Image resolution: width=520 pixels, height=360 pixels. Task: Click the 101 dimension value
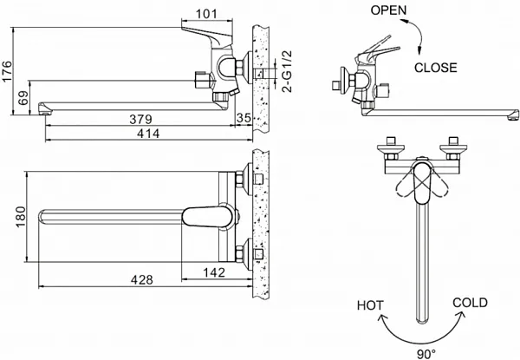coord(206,14)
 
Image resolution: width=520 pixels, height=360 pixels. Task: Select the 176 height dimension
coord(7,71)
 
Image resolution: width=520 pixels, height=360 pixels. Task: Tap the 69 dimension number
coord(23,98)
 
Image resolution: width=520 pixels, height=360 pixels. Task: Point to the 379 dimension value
coord(140,119)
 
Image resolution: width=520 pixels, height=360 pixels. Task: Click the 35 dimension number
coord(244,118)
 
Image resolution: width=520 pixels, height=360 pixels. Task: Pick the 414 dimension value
coord(148,134)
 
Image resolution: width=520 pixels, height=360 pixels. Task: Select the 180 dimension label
coord(21,216)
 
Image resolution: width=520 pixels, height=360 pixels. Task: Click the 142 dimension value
coord(214,272)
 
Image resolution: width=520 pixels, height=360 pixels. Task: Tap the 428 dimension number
coord(142,280)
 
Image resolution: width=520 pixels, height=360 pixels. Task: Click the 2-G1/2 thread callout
coord(287,71)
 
